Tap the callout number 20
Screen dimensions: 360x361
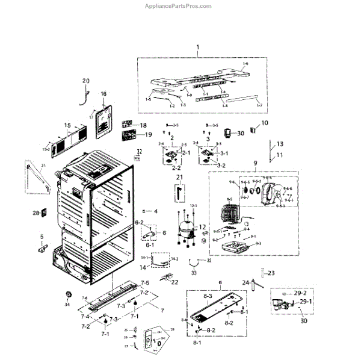point(85,81)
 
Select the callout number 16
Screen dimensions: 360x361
point(103,94)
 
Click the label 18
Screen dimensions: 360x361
point(143,125)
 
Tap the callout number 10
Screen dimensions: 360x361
point(265,123)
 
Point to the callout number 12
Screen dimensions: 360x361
point(203,227)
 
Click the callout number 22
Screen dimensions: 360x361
point(174,282)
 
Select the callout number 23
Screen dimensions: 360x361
point(271,273)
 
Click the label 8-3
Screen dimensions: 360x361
point(206,297)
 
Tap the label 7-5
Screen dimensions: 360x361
point(145,283)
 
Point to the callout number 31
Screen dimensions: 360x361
point(43,166)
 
